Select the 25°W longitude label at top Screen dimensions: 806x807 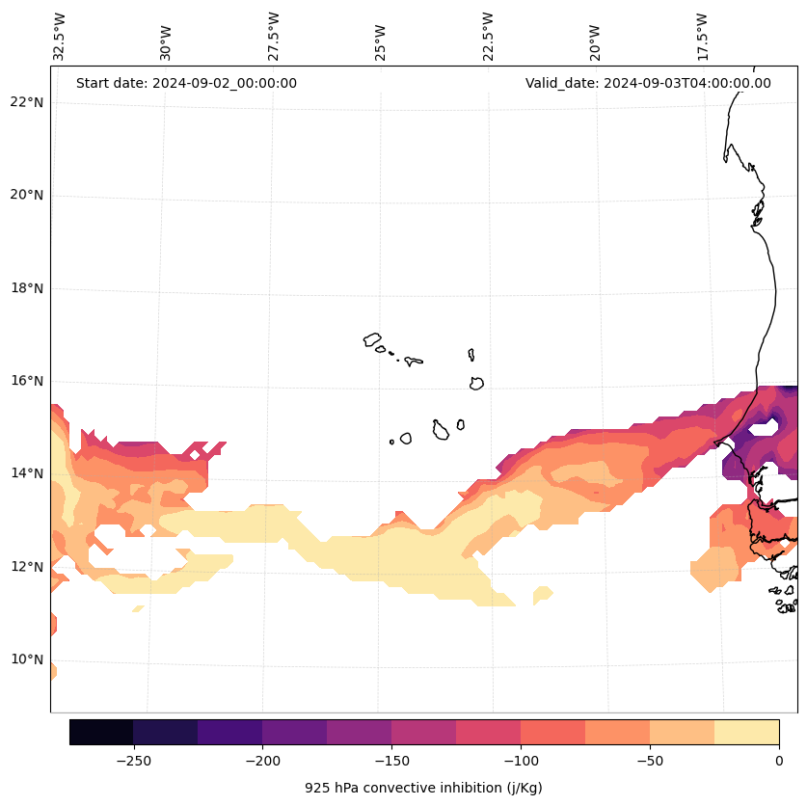[381, 36]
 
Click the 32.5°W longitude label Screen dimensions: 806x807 [60, 36]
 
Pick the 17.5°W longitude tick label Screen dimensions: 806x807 [703, 36]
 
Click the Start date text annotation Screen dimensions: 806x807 [186, 83]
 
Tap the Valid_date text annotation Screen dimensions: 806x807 [648, 83]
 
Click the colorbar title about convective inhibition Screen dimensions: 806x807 [423, 788]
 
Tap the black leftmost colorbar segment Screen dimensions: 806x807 [101, 732]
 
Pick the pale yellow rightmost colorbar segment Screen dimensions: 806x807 [746, 732]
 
